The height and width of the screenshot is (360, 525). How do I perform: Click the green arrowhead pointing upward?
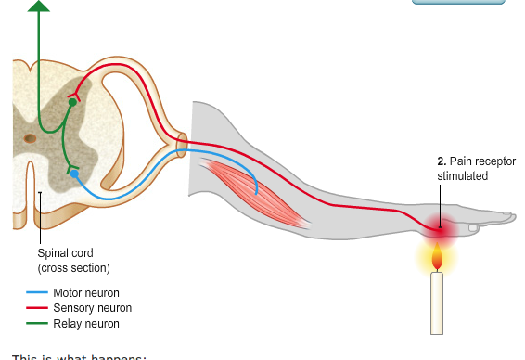point(38,6)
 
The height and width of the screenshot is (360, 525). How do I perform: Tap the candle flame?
point(438,257)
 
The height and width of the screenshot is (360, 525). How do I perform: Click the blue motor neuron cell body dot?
point(74,173)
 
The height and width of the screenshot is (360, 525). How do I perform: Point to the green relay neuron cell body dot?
point(72,102)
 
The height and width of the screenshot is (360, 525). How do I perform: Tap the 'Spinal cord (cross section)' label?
point(73,260)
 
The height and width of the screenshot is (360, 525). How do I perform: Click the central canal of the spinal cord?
point(31,138)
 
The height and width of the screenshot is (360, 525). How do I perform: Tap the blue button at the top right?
point(458,3)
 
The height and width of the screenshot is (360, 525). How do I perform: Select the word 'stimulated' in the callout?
point(462,176)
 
